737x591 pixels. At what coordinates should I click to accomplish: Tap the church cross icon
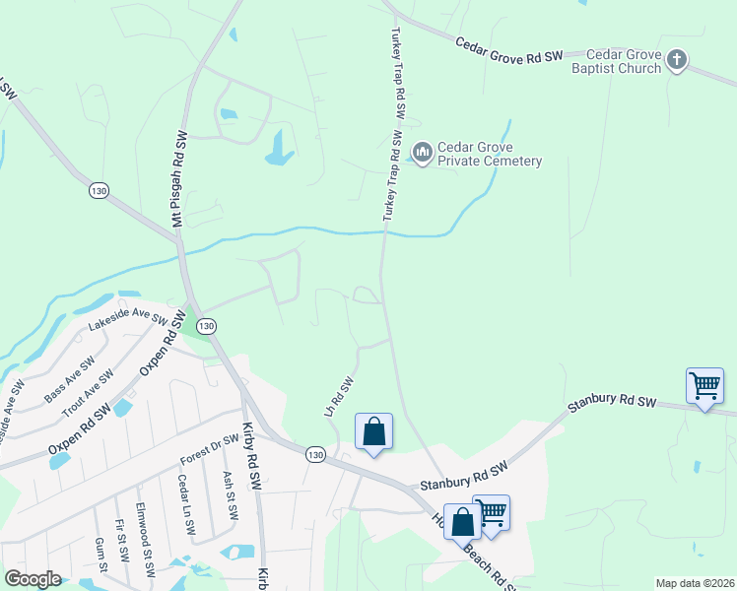(x=676, y=61)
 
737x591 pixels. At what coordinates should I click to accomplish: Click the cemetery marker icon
(x=423, y=152)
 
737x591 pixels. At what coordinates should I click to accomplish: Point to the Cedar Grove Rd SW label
(x=508, y=50)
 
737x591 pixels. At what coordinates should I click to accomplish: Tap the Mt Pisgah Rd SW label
(x=179, y=180)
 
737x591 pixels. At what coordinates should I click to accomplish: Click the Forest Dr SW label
(x=210, y=450)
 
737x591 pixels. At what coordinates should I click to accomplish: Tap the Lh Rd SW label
(x=339, y=395)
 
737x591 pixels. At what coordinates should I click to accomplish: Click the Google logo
(x=33, y=579)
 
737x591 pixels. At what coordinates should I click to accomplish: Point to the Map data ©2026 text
(x=694, y=583)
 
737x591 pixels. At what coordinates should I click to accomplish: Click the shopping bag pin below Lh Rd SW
(x=374, y=431)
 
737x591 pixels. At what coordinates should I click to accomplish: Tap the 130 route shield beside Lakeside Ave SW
(x=206, y=326)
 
